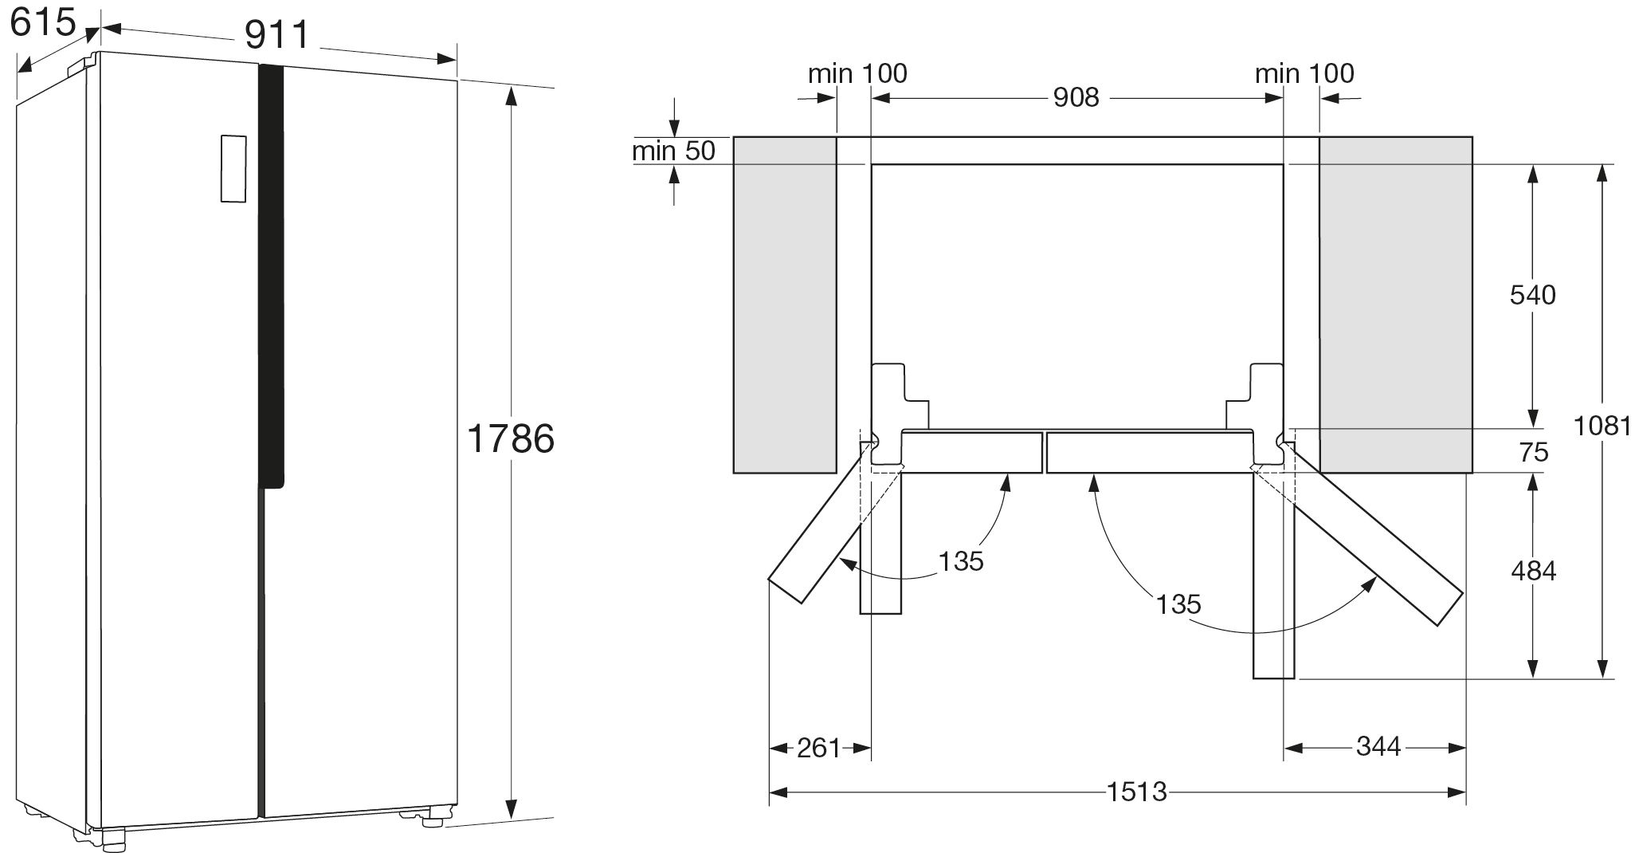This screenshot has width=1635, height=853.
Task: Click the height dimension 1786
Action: click(x=510, y=438)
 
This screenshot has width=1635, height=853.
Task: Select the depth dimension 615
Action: click(x=43, y=22)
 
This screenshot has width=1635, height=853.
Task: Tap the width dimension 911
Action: click(x=276, y=35)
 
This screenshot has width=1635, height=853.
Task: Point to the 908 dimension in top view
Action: click(x=1076, y=97)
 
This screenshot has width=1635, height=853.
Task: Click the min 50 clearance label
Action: click(x=674, y=151)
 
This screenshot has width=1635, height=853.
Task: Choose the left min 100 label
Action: click(x=857, y=74)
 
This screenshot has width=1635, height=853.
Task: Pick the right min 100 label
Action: click(x=1304, y=74)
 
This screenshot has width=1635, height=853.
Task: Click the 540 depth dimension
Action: click(x=1532, y=295)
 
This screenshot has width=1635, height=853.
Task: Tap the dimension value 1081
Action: click(x=1602, y=426)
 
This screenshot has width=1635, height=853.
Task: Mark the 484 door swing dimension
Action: click(x=1532, y=571)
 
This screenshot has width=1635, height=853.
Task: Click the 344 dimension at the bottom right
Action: click(x=1378, y=746)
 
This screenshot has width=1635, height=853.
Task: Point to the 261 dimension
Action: click(x=818, y=748)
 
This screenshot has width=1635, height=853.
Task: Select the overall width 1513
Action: click(x=1136, y=792)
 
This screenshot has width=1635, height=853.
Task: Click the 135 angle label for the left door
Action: click(x=961, y=561)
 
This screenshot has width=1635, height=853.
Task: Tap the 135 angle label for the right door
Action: click(x=1178, y=604)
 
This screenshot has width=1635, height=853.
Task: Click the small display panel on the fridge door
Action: click(x=233, y=168)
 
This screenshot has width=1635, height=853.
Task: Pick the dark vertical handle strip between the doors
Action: click(x=272, y=271)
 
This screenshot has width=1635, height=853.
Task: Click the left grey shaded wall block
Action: click(x=784, y=305)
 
